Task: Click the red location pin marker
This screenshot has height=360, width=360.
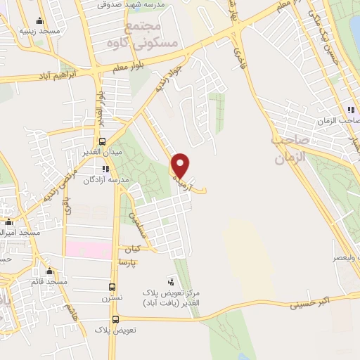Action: (181, 165)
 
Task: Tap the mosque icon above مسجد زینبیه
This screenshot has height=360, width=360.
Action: (39, 20)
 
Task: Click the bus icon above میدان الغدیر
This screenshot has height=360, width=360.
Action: (103, 141)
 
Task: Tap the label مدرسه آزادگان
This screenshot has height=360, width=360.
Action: (106, 179)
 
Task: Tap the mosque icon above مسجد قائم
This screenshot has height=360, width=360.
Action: (49, 271)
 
